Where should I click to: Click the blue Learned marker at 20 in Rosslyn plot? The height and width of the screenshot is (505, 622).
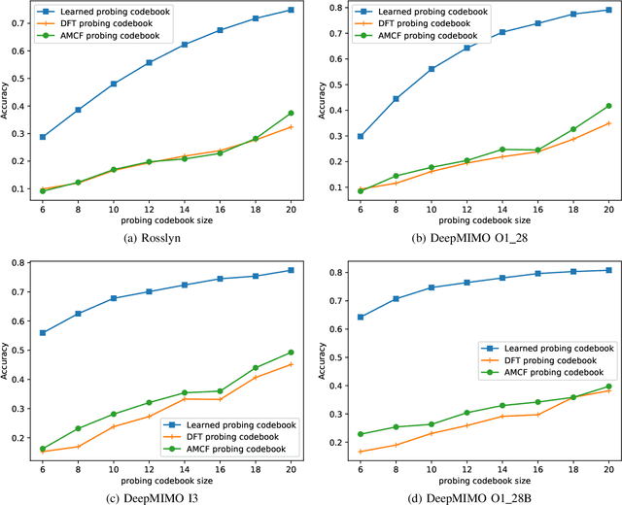coord(291,10)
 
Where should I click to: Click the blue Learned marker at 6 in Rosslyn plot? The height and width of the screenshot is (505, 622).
coord(42,137)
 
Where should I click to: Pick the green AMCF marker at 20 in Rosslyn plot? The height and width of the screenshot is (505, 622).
coord(291,113)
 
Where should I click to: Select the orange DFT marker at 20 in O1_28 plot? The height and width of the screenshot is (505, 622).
coord(608,123)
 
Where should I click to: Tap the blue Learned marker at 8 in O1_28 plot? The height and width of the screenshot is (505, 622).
coord(396,98)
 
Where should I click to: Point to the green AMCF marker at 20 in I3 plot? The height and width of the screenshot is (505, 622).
coord(291,353)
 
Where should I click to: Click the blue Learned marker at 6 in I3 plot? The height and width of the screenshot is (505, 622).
coord(42,332)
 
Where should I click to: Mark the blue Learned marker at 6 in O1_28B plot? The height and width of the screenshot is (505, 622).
coord(361,317)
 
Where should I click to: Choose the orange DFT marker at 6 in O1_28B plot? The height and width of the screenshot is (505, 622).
coord(361,452)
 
